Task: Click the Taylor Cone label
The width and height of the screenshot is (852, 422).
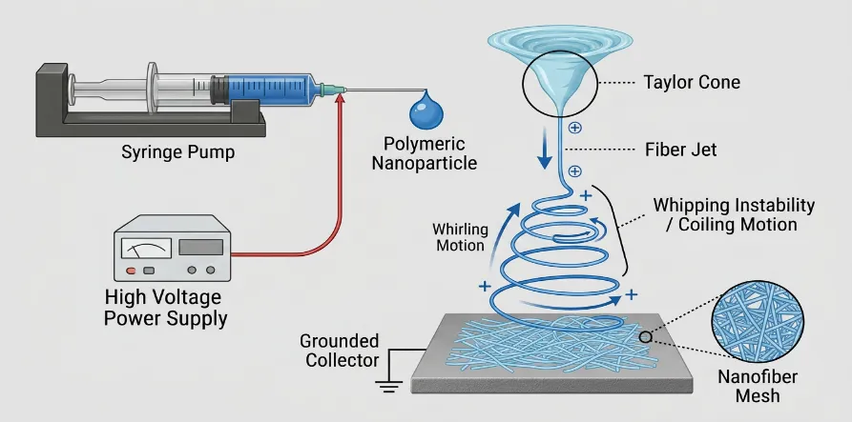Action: pyautogui.click(x=692, y=83)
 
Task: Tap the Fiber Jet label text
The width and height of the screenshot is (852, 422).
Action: pyautogui.click(x=681, y=150)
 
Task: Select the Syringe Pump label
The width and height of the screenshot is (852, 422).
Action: pyautogui.click(x=177, y=152)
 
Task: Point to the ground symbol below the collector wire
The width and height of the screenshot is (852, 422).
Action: pyautogui.click(x=388, y=386)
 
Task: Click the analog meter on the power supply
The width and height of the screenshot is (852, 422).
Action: pyautogui.click(x=146, y=248)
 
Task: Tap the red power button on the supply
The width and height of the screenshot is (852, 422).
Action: pyautogui.click(x=131, y=271)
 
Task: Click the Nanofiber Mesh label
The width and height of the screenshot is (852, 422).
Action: pyautogui.click(x=758, y=386)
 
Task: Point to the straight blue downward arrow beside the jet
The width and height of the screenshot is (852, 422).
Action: pyautogui.click(x=545, y=150)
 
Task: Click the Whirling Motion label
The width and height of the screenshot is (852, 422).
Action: pyautogui.click(x=460, y=237)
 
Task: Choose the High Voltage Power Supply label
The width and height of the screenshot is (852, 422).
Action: pyautogui.click(x=165, y=308)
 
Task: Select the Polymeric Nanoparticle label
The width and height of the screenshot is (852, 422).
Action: pyautogui.click(x=425, y=153)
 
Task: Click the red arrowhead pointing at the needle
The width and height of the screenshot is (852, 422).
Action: pyautogui.click(x=341, y=97)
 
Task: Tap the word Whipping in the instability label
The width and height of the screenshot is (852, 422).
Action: pyautogui.click(x=691, y=206)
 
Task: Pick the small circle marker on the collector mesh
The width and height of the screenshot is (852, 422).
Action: pyautogui.click(x=645, y=337)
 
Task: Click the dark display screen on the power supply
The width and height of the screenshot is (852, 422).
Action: pyautogui.click(x=200, y=248)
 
